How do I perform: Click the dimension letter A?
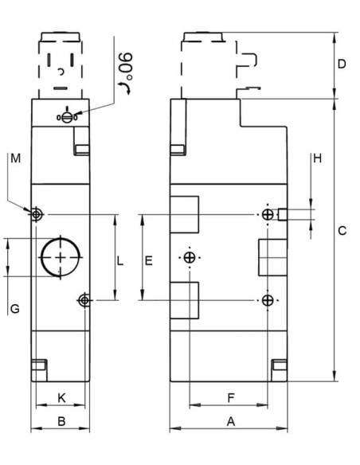tap(231, 421)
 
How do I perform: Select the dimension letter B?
tap(61, 421)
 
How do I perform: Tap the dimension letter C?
tap(342, 230)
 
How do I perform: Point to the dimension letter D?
tap(342, 64)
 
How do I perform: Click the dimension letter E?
tap(149, 260)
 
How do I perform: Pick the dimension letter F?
tap(231, 397)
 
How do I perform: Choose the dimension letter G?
tap(15, 309)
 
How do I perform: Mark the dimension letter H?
tap(317, 158)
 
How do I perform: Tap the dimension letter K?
tap(61, 397)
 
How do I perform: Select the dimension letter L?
tap(119, 261)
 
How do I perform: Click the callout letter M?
tap(15, 158)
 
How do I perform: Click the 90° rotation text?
tap(125, 66)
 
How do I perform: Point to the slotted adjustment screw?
tap(67, 117)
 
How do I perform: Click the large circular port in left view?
tap(61, 257)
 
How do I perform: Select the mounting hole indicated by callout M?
tap(36, 214)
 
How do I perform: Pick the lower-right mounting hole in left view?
tap(84, 300)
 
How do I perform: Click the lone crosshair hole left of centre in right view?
tap(190, 257)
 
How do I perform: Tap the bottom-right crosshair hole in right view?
tap(268, 300)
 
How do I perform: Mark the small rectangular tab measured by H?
tap(283, 214)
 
